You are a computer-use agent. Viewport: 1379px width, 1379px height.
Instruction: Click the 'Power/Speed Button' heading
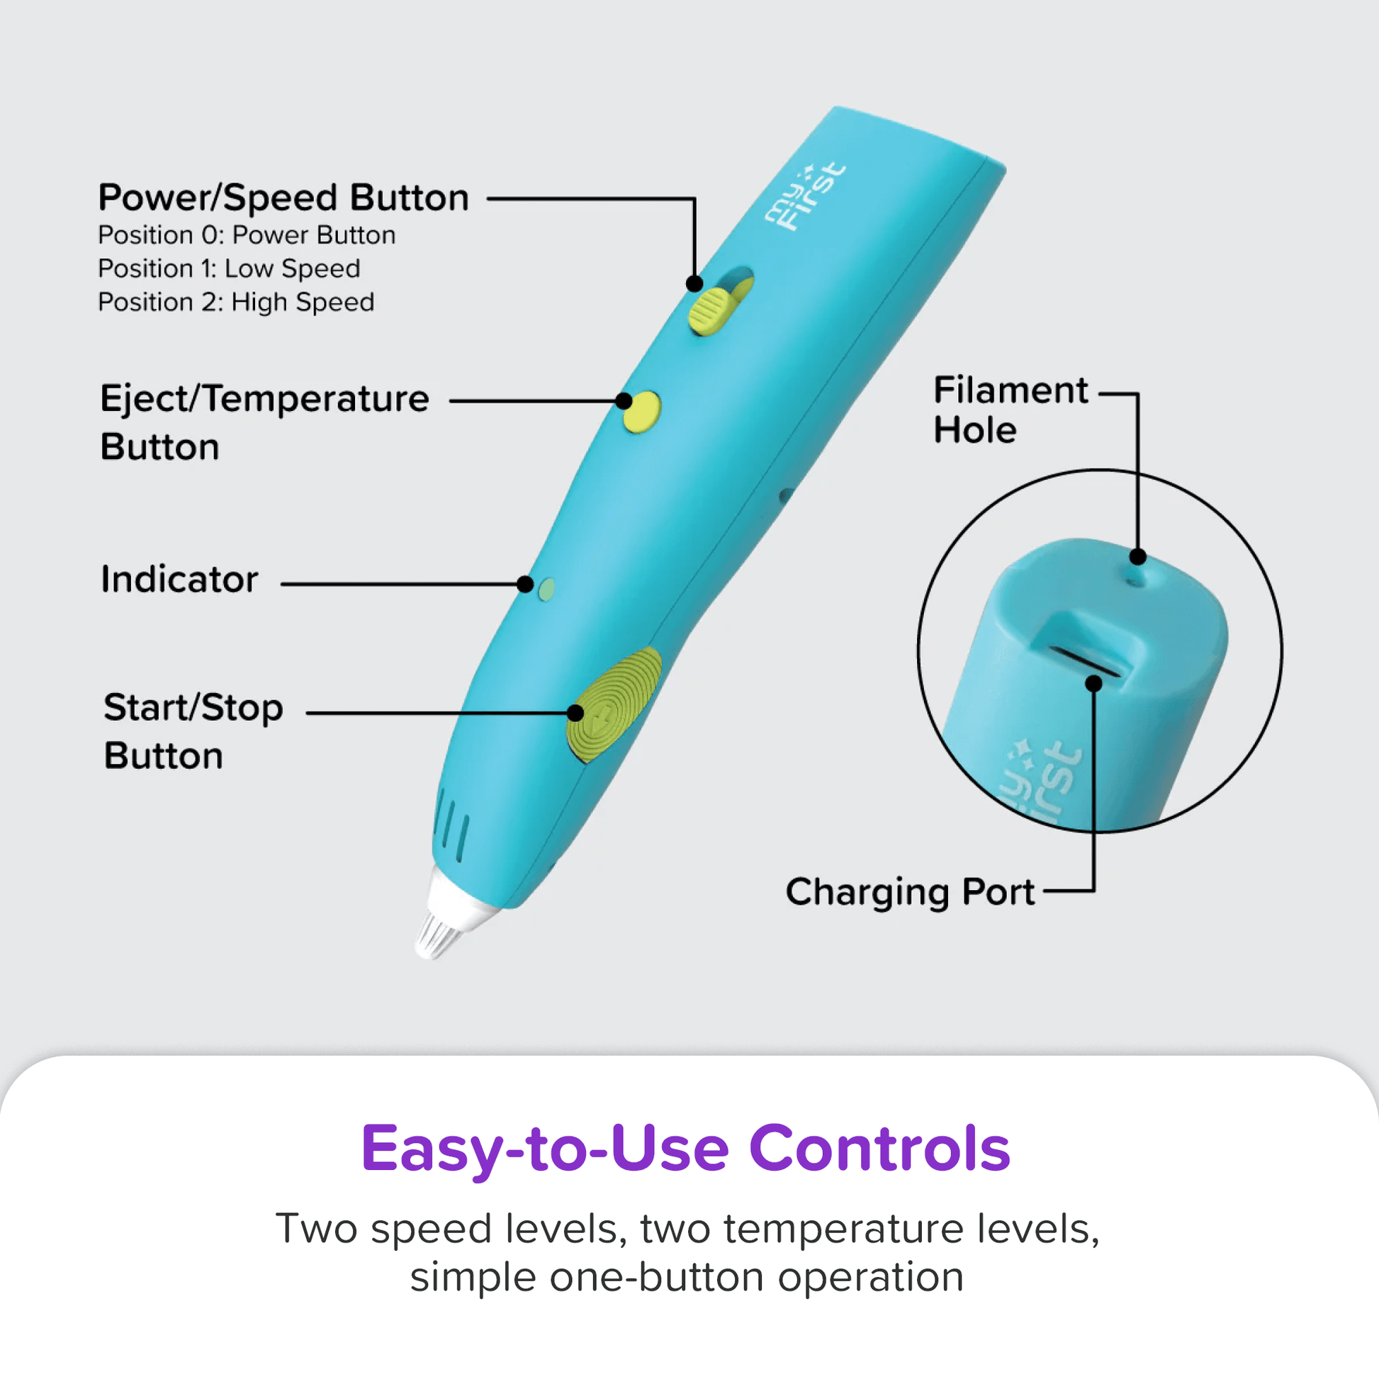[x=283, y=198]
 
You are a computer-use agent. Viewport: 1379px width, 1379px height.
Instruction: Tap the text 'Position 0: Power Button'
[x=247, y=235]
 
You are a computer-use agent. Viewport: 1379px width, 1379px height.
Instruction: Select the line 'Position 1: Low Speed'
[x=229, y=269]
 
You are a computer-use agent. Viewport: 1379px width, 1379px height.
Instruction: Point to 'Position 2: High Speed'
[x=236, y=303]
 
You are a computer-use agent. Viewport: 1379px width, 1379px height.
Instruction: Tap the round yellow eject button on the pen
[x=642, y=412]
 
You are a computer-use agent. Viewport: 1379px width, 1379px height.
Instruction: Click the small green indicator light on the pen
[x=547, y=590]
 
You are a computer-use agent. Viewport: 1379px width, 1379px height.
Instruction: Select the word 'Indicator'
[x=179, y=579]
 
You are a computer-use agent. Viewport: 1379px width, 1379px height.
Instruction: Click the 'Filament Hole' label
[x=1011, y=410]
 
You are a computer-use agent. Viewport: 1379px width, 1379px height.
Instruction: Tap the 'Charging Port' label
[x=910, y=892]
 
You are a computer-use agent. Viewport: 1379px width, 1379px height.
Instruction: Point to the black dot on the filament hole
[x=1139, y=557]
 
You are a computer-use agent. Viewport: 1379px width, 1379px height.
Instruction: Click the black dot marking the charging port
[x=1093, y=684]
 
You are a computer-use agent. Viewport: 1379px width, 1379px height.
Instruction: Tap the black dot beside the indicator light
[x=525, y=585]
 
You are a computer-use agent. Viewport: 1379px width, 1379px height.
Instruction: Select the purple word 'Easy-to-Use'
[x=546, y=1151]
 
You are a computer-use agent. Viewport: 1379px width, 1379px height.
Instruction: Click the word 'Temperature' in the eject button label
[x=316, y=399]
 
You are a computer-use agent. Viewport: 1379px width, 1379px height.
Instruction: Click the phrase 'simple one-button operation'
[x=687, y=1278]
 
